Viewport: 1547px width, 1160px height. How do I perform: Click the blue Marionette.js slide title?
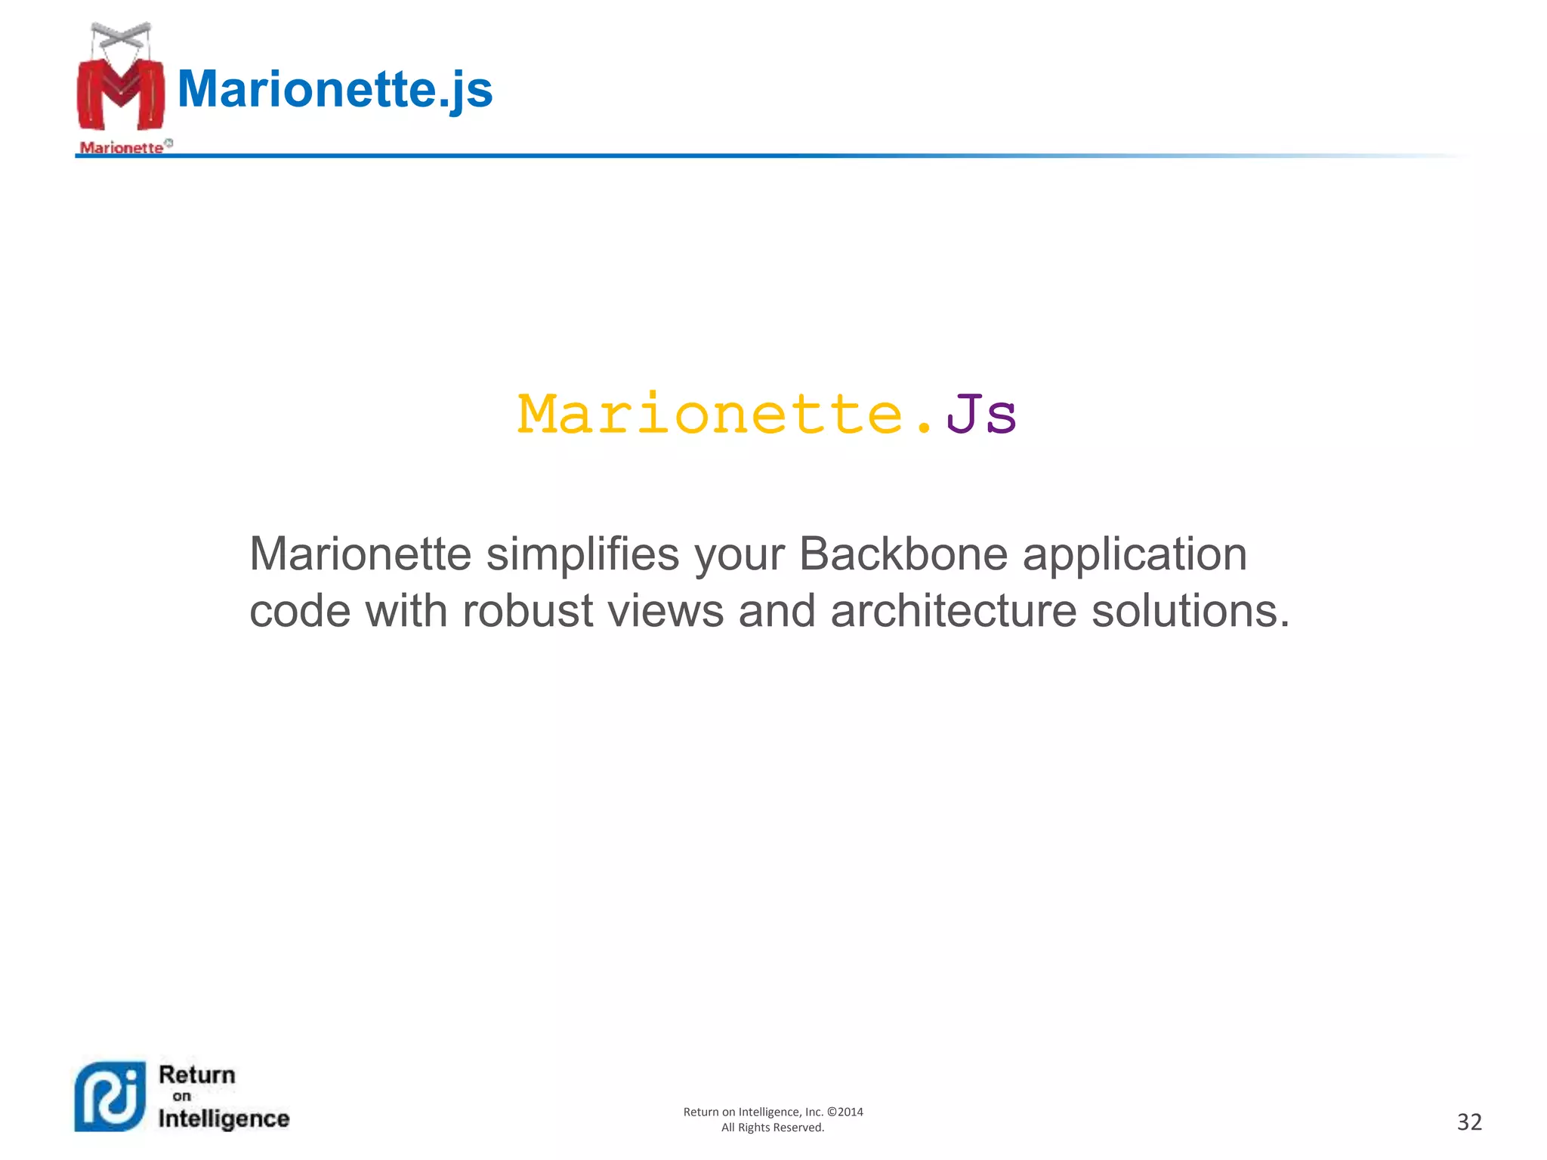click(x=335, y=89)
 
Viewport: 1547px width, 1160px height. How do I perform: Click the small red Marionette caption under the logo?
click(x=122, y=147)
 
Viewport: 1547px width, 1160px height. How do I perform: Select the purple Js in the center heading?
click(x=980, y=415)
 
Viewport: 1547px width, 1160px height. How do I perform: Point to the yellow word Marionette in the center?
click(x=711, y=415)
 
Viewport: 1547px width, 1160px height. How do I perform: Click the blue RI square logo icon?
click(x=110, y=1097)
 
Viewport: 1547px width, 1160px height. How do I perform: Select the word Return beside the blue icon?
click(x=197, y=1075)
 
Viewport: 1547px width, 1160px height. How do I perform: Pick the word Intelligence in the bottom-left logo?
click(x=224, y=1118)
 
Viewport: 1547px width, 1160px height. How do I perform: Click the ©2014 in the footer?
click(x=845, y=1112)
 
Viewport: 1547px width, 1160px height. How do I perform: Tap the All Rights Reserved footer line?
click(x=773, y=1128)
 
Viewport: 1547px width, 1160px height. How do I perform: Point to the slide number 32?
click(x=1469, y=1122)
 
